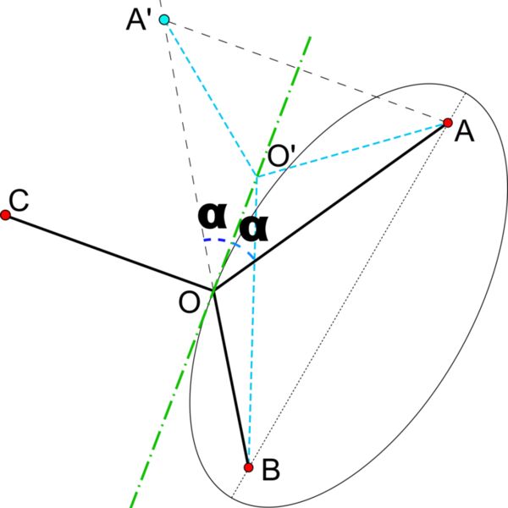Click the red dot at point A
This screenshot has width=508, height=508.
(448, 124)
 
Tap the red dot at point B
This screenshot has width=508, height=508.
(248, 467)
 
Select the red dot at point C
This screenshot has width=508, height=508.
(5, 216)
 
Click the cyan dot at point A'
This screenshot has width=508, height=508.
(164, 19)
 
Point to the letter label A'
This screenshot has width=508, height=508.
(136, 19)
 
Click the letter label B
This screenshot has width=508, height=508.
(271, 469)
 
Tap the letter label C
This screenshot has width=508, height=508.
(18, 201)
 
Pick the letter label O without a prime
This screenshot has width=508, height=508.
(189, 302)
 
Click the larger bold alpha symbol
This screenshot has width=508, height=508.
(213, 215)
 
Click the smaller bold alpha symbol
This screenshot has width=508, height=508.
(253, 228)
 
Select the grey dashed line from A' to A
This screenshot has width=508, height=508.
(305, 71)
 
